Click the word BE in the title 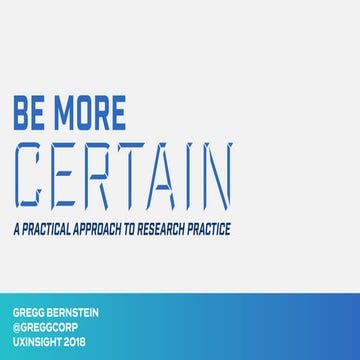point(32,112)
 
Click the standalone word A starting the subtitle point(17,229)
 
